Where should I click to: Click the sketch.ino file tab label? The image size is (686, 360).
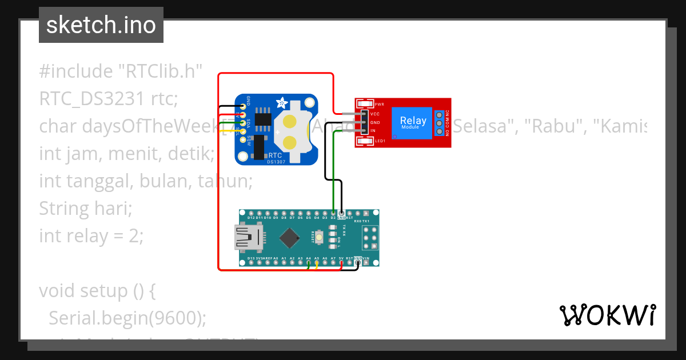point(101,25)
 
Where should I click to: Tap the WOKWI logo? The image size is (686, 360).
point(607,315)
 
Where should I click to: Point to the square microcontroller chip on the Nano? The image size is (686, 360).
point(292,237)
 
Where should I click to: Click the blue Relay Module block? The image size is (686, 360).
point(413,122)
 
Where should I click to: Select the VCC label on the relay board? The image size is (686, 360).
point(375,114)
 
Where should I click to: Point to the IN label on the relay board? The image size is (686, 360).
point(373,131)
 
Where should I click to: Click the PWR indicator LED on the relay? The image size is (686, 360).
point(364,105)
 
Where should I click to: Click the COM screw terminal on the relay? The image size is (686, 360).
point(439,123)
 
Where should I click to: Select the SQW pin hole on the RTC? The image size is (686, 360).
point(243,140)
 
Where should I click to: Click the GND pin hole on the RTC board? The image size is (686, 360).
point(243,106)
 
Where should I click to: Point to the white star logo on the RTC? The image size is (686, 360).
point(282,103)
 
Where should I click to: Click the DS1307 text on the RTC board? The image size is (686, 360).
point(277,162)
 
